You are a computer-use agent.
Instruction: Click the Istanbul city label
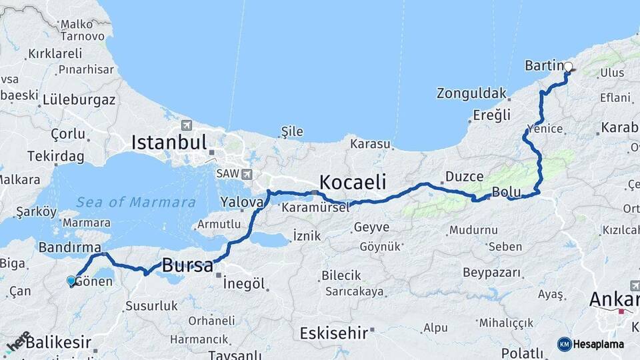click(x=169, y=142)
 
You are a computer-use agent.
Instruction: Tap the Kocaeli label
click(x=353, y=181)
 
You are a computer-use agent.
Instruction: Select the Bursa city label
click(x=187, y=264)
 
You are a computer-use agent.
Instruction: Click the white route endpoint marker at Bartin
click(x=568, y=67)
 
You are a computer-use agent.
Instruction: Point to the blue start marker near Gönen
click(x=71, y=281)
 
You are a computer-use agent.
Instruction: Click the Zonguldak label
click(x=472, y=93)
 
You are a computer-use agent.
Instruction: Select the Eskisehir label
click(x=333, y=332)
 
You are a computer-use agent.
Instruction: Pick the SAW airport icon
click(x=247, y=174)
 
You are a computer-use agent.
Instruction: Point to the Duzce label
click(x=464, y=177)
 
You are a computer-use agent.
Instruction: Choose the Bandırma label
click(x=69, y=247)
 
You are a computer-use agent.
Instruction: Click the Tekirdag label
click(x=56, y=156)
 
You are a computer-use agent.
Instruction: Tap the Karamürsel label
click(x=315, y=208)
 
